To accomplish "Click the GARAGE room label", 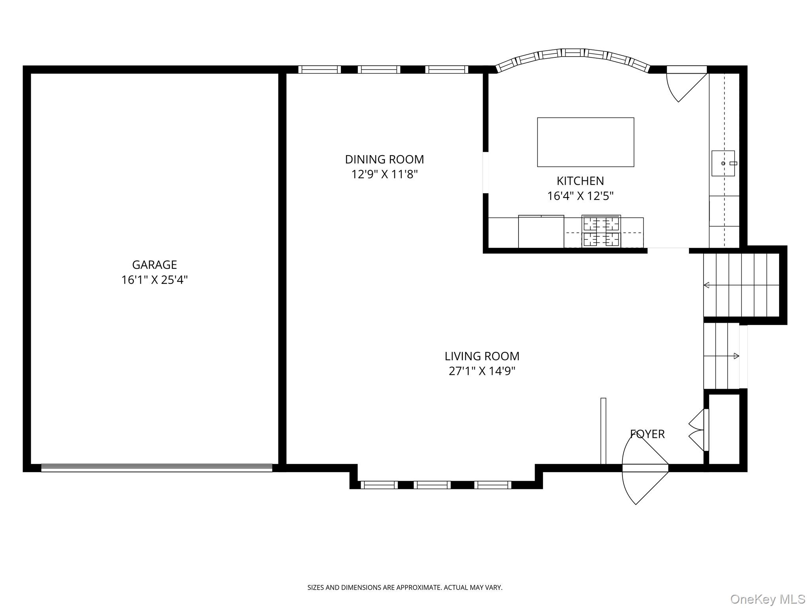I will tap(154, 265).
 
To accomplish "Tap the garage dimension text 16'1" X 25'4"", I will tap(154, 280).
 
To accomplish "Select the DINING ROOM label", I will tap(384, 160).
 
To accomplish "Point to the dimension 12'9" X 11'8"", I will tap(384, 175).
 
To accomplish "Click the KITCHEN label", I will tap(580, 181).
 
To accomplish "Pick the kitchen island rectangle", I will tap(585, 142).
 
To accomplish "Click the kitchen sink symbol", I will tap(723, 163).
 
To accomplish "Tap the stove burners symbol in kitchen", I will tap(601, 231).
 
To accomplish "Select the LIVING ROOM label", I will tap(482, 356).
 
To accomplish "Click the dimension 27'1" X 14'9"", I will tap(482, 371).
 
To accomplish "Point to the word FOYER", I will tap(647, 434).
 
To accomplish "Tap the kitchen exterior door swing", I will tap(684, 85).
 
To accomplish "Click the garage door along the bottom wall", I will tap(157, 468).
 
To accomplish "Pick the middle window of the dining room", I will tap(379, 70).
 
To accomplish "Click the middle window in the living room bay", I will tap(432, 485).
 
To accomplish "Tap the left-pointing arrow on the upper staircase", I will tap(707, 285).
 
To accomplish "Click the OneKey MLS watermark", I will tap(767, 599).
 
